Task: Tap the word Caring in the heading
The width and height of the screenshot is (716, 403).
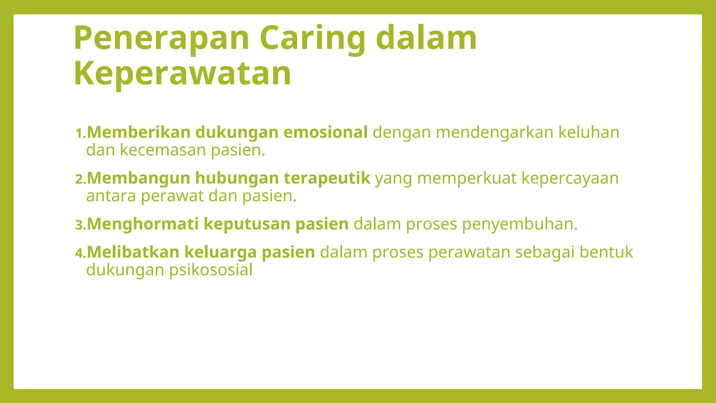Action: (312, 38)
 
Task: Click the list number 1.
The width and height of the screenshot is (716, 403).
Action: (80, 133)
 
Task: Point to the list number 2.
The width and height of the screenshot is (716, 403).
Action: (80, 179)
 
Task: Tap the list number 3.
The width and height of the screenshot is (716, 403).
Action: (80, 225)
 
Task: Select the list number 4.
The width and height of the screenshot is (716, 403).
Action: (80, 253)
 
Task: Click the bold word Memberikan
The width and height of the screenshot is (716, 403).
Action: (138, 132)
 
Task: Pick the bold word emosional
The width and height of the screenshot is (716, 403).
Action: (325, 132)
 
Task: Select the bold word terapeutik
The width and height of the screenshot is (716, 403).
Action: (327, 178)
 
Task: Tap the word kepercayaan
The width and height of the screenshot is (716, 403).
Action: (570, 178)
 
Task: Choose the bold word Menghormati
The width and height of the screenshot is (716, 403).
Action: (143, 224)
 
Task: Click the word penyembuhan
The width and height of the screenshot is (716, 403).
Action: (520, 224)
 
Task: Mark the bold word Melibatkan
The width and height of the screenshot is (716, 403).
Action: (133, 252)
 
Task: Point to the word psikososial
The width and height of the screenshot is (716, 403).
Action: (211, 270)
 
